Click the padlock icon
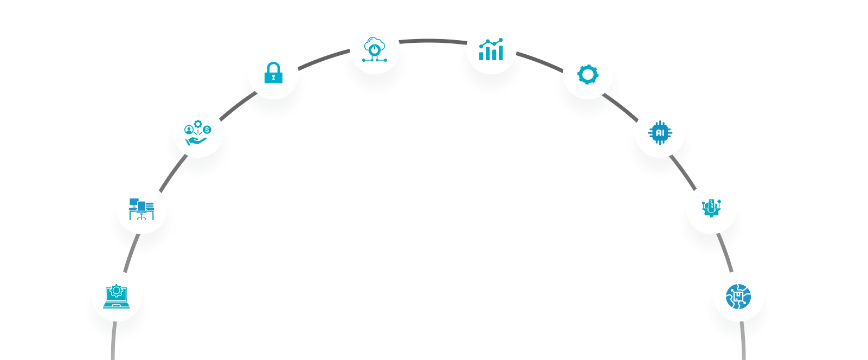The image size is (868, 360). click(273, 73)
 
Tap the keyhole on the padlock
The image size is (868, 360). click(273, 77)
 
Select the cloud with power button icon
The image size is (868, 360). click(374, 49)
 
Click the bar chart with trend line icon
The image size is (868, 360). click(491, 49)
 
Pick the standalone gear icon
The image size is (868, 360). click(588, 74)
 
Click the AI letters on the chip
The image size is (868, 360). click(660, 133)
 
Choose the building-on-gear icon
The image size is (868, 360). click(711, 208)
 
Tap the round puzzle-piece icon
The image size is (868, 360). click(738, 297)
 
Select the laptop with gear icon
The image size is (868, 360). click(116, 297)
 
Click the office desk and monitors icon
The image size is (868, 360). click(142, 209)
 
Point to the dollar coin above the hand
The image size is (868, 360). click(207, 130)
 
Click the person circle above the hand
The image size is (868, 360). click(189, 130)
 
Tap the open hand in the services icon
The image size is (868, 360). click(196, 141)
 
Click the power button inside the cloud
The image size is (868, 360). click(374, 49)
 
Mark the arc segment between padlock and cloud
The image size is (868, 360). click(324, 59)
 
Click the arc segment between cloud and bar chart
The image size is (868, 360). click(433, 40)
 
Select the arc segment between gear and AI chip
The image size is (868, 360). click(621, 106)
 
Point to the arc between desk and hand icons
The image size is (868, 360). click(173, 173)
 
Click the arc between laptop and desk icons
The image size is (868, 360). click(131, 253)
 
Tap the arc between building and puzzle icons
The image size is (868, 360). click(725, 252)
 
